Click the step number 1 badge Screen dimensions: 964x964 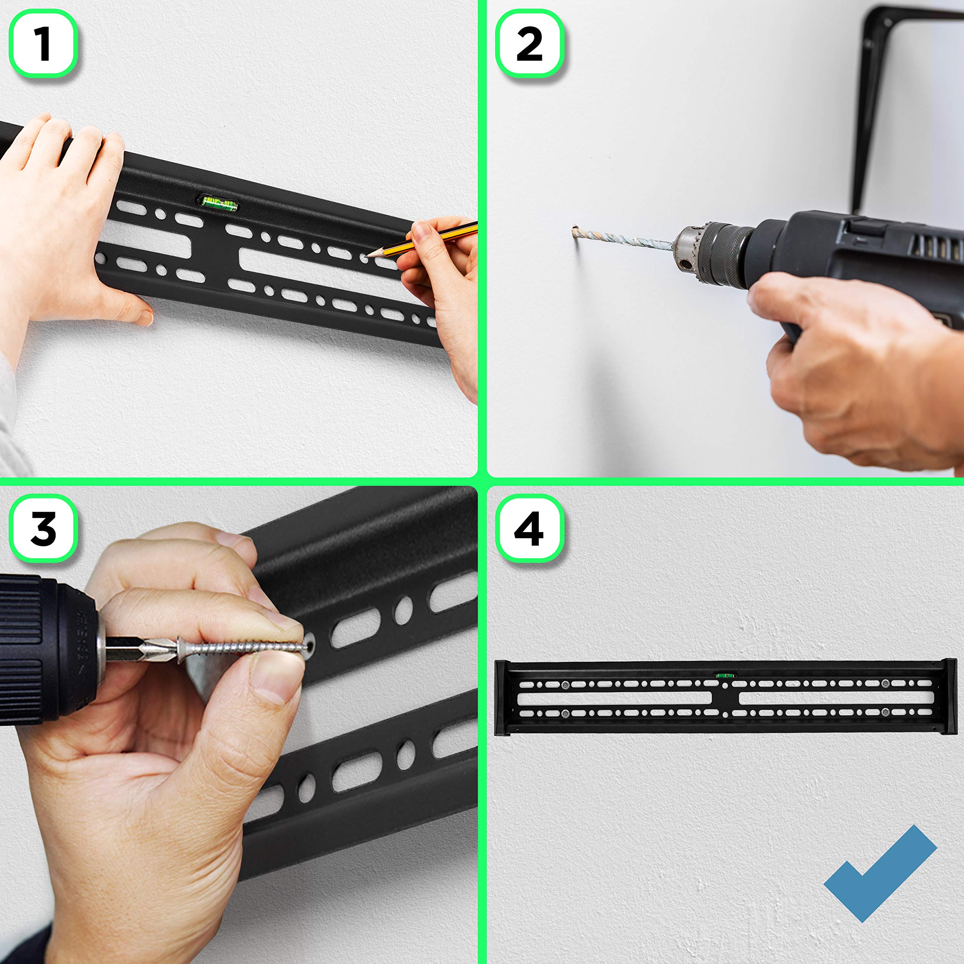(x=43, y=44)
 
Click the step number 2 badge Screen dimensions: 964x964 (x=529, y=44)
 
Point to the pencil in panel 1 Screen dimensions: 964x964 (x=422, y=241)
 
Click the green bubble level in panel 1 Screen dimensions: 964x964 (x=218, y=203)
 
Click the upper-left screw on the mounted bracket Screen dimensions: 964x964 (x=565, y=685)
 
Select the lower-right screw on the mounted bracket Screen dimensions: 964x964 (x=885, y=712)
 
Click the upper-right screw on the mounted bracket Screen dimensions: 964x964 (x=885, y=683)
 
